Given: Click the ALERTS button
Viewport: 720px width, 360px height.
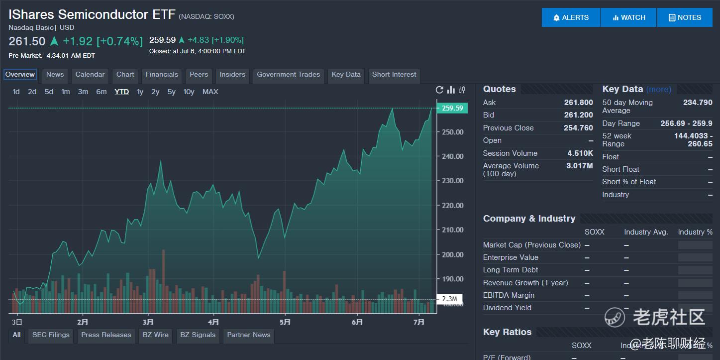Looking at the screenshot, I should coord(571,17).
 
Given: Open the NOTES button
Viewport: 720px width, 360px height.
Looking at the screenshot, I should coord(685,17).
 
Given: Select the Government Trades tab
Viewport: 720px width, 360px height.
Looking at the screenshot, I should coord(288,75).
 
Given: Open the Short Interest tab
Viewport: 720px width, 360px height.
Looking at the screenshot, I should coord(394,75).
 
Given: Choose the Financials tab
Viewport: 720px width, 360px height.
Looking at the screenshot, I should coord(162,75).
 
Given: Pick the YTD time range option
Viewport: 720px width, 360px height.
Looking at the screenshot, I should coord(121,92).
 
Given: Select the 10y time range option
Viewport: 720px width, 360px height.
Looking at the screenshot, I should coord(189,92).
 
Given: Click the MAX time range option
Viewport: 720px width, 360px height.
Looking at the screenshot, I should coord(210,92).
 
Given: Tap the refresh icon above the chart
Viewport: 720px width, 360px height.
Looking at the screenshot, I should coord(439,90).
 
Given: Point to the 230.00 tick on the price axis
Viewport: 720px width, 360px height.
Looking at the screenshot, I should coord(453,181).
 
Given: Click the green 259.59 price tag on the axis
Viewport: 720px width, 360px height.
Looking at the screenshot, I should coord(452,108).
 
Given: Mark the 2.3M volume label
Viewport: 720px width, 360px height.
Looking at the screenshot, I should coord(449,299).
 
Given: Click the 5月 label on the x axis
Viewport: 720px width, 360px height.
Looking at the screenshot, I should coord(285,322).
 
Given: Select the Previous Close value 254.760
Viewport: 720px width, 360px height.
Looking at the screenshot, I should coord(578,128).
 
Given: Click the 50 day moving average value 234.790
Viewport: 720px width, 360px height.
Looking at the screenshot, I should coord(698,103).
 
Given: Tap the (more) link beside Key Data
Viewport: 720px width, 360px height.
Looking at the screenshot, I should coord(659,90).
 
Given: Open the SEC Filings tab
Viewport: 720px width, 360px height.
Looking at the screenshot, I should coord(51,335).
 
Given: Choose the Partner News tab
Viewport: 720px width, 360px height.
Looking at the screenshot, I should coord(248,335).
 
